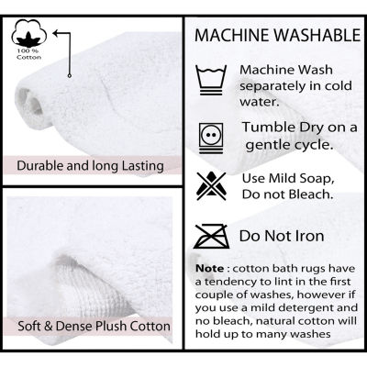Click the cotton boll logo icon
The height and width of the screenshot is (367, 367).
click(x=29, y=33)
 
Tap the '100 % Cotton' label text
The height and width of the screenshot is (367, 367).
click(x=28, y=54)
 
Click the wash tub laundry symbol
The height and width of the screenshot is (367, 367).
click(x=211, y=80)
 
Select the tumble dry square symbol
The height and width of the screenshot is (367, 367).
click(x=211, y=138)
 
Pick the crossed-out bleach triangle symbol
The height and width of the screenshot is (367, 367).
click(x=211, y=186)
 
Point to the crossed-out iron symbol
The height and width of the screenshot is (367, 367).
click(x=212, y=236)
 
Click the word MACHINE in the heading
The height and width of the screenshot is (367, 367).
click(x=232, y=35)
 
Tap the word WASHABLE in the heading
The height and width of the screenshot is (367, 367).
click(x=317, y=35)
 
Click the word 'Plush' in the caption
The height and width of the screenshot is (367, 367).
click(x=111, y=326)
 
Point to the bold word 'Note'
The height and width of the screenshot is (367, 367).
click(x=210, y=269)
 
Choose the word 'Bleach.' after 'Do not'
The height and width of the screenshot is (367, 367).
click(x=310, y=194)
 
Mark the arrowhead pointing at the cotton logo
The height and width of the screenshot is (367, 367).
click(x=56, y=32)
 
